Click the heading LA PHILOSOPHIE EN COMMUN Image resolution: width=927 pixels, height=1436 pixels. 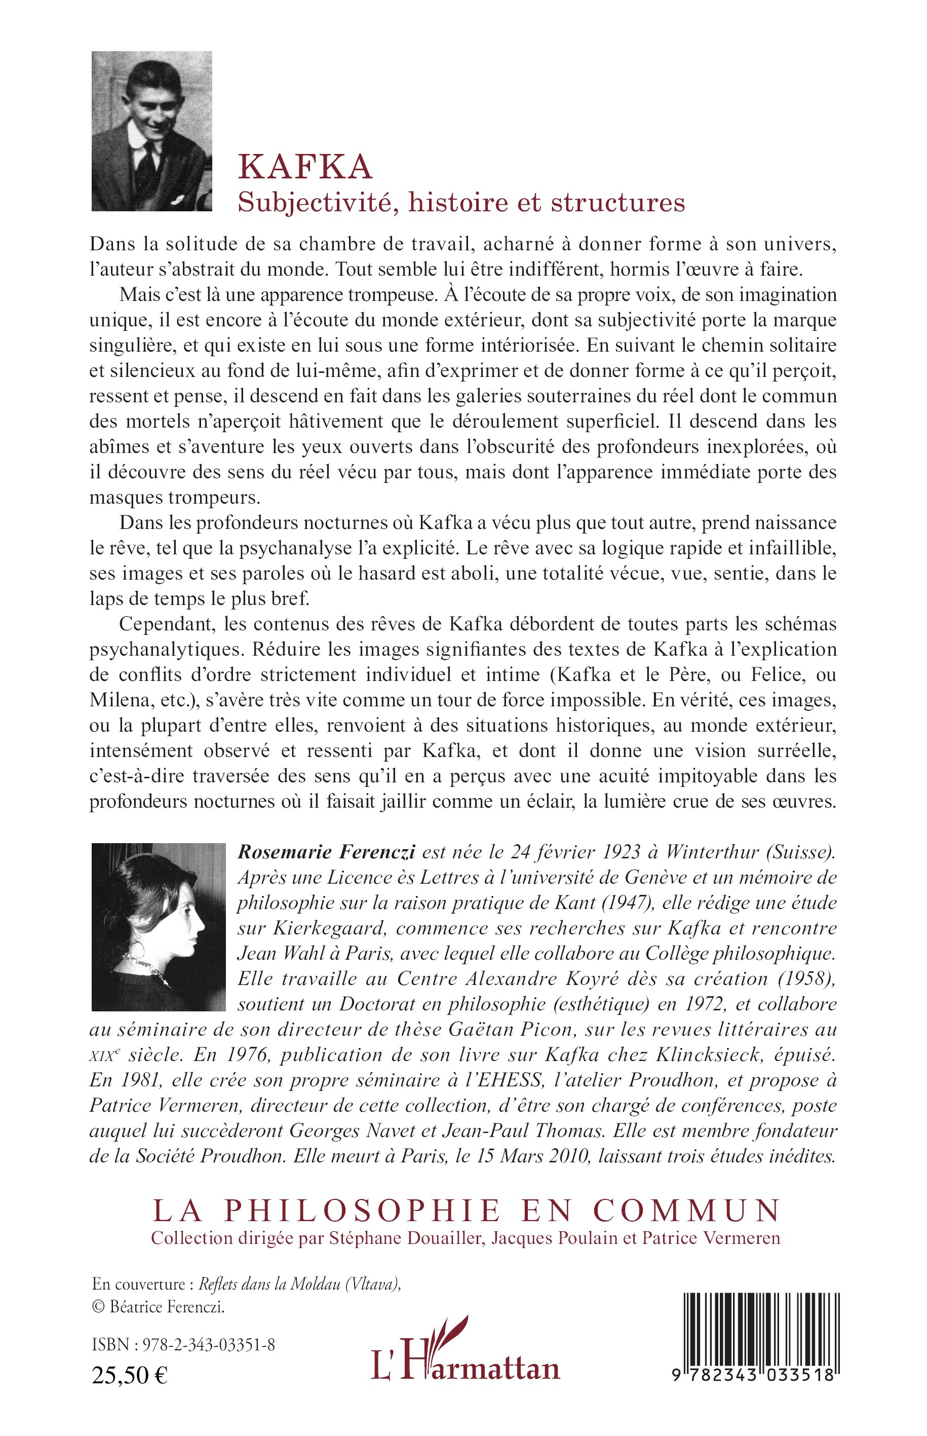tap(466, 1210)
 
